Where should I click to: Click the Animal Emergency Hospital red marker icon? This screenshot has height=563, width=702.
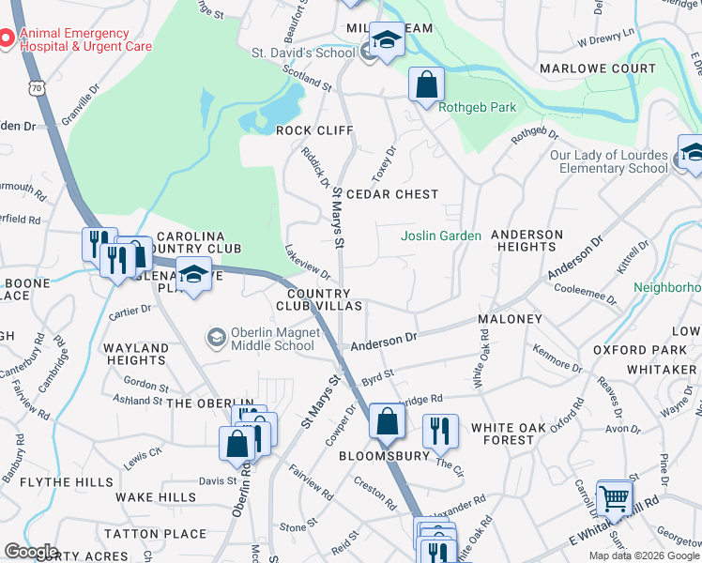7,38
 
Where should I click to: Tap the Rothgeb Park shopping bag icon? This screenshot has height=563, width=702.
427,84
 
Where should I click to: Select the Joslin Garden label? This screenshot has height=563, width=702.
441,236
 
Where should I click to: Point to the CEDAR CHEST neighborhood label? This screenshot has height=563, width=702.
392,194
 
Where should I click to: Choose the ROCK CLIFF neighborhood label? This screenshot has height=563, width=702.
312,130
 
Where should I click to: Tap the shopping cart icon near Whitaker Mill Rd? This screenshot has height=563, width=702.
615,497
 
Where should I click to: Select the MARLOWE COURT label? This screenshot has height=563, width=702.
598,68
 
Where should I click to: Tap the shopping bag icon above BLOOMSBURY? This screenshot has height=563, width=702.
387,422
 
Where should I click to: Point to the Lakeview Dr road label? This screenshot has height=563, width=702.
308,261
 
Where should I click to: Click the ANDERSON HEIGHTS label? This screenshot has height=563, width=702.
526,240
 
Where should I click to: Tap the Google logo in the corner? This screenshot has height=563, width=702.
31,552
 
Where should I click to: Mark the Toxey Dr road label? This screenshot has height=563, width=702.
389,161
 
